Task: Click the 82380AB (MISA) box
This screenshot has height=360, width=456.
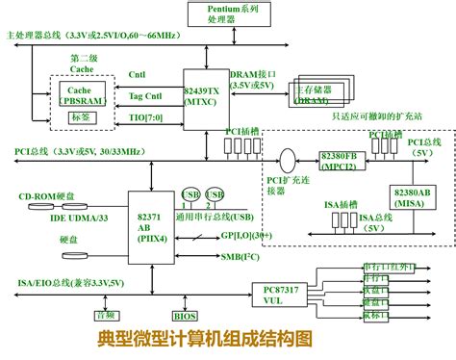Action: [411, 195]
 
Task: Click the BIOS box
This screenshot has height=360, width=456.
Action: [184, 315]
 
